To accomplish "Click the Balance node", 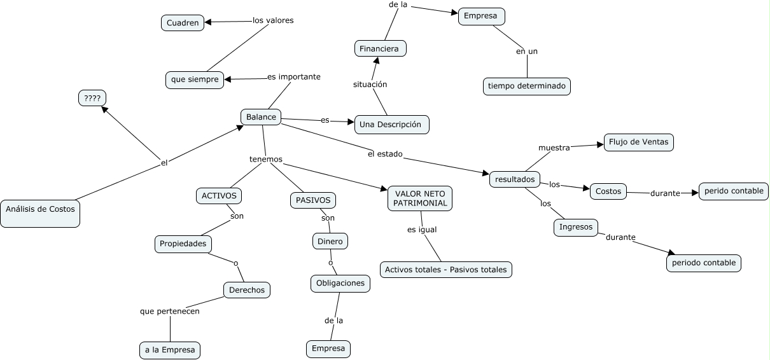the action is [261, 117].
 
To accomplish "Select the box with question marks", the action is [92, 98].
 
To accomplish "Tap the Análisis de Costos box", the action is [40, 214].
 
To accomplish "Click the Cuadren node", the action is [183, 23].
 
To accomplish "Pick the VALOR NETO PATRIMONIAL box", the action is [420, 198].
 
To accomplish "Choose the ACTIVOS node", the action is [219, 196].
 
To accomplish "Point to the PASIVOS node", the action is [313, 200].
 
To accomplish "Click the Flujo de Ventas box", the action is [639, 142].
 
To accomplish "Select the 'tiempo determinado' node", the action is [527, 87].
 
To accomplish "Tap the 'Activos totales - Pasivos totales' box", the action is [446, 270].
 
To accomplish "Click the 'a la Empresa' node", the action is [170, 350].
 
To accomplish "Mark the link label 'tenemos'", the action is [266, 159].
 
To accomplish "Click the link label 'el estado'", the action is [385, 154].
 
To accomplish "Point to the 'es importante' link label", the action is [294, 76].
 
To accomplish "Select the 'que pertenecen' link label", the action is [169, 311].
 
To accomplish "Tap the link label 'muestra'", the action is [554, 148].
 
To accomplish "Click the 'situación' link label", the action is [370, 84].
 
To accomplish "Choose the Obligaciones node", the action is [340, 284].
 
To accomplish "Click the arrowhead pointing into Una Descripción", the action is [351, 121].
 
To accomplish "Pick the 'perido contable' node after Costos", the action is [734, 191].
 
